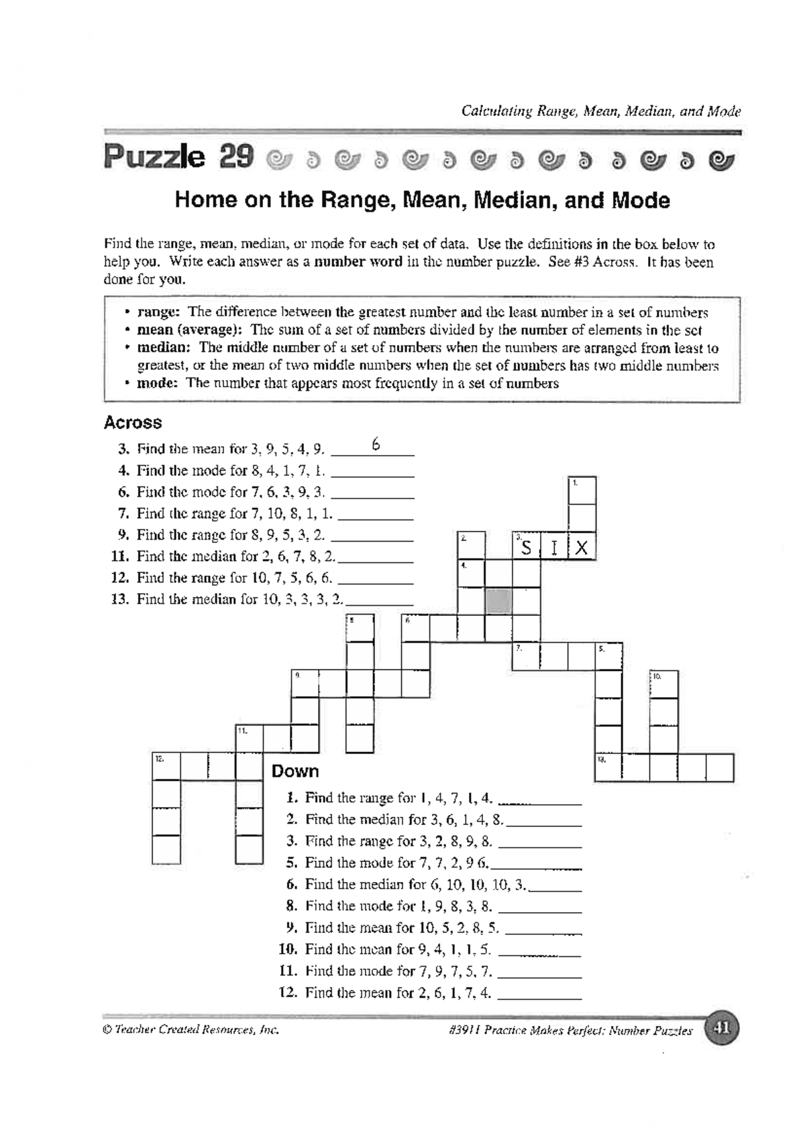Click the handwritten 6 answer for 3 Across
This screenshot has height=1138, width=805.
pyautogui.click(x=376, y=444)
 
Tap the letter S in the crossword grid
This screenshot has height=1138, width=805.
pyautogui.click(x=527, y=548)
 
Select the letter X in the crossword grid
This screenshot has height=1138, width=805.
pyautogui.click(x=582, y=548)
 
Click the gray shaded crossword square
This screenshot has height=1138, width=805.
pyautogui.click(x=498, y=600)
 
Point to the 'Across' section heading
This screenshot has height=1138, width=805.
pyautogui.click(x=133, y=423)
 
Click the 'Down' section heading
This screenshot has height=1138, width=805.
pyautogui.click(x=294, y=771)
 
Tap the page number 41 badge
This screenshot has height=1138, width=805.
pyautogui.click(x=722, y=1028)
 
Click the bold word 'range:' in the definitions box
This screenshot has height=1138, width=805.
pyautogui.click(x=158, y=312)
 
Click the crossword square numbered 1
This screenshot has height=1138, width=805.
pyautogui.click(x=582, y=491)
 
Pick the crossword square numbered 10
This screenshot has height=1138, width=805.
pyautogui.click(x=663, y=684)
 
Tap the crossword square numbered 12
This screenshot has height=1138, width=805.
pyautogui.click(x=166, y=767)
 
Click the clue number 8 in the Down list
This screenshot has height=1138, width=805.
pyautogui.click(x=291, y=906)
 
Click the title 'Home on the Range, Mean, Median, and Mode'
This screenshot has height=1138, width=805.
pyautogui.click(x=422, y=200)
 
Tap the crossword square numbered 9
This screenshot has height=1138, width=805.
pyautogui.click(x=305, y=683)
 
